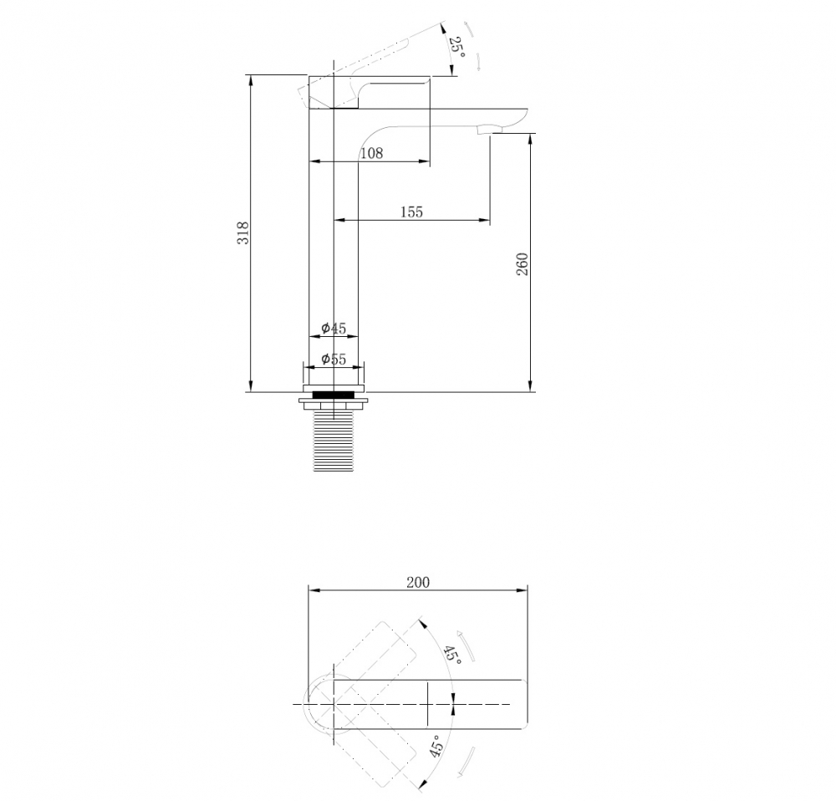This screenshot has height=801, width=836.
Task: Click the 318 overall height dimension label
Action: (242, 233)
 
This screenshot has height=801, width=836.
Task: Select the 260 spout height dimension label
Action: (522, 263)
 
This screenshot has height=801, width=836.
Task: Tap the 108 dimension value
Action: (371, 153)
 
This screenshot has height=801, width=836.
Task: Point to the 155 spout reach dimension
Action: (410, 212)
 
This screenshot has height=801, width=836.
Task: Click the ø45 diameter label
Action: (334, 329)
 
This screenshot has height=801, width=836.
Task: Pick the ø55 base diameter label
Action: (334, 360)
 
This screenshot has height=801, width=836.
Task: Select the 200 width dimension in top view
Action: (418, 582)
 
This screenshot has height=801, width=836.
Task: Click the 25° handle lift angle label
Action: (456, 47)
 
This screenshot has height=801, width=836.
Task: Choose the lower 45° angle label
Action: (436, 747)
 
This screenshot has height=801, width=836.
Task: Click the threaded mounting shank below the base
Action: (334, 439)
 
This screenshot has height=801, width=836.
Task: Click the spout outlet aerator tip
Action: (486, 130)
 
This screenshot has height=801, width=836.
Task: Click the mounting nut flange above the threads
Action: (334, 404)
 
